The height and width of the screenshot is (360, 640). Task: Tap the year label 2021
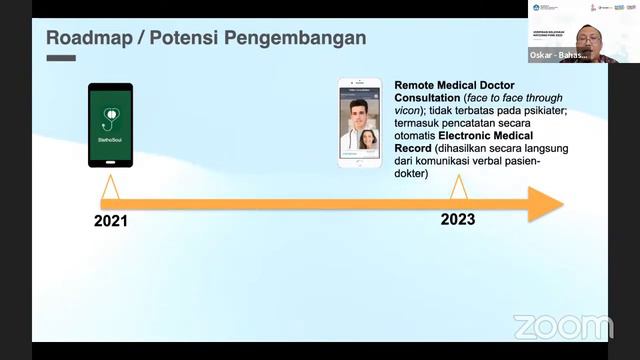112,220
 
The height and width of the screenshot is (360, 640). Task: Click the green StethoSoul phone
110,124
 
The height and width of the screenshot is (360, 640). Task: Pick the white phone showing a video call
359,122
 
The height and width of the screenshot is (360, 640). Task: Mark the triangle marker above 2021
110,187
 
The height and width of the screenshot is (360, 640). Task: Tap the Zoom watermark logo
563,327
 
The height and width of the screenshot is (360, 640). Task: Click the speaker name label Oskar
544,56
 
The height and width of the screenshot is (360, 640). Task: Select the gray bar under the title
61,57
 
